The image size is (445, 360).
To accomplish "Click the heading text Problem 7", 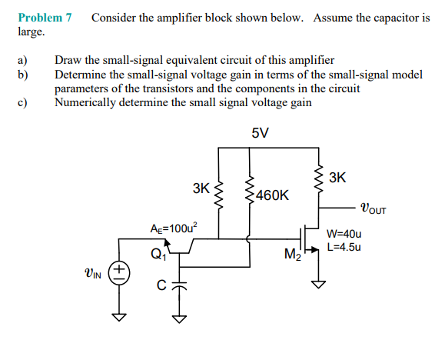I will pos(45,17).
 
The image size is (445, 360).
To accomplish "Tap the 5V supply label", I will pos(260,132).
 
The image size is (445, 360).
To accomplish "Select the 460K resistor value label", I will pos(273,195).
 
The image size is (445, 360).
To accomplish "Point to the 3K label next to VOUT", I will pos(337,178).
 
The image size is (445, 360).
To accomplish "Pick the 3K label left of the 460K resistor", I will pos(201,188).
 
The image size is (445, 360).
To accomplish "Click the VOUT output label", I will pos(374,207).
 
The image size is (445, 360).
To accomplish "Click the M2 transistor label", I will pos(292,255).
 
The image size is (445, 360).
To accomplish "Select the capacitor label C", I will pos(162,286).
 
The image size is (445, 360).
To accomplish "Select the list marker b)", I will pos(22,75).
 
